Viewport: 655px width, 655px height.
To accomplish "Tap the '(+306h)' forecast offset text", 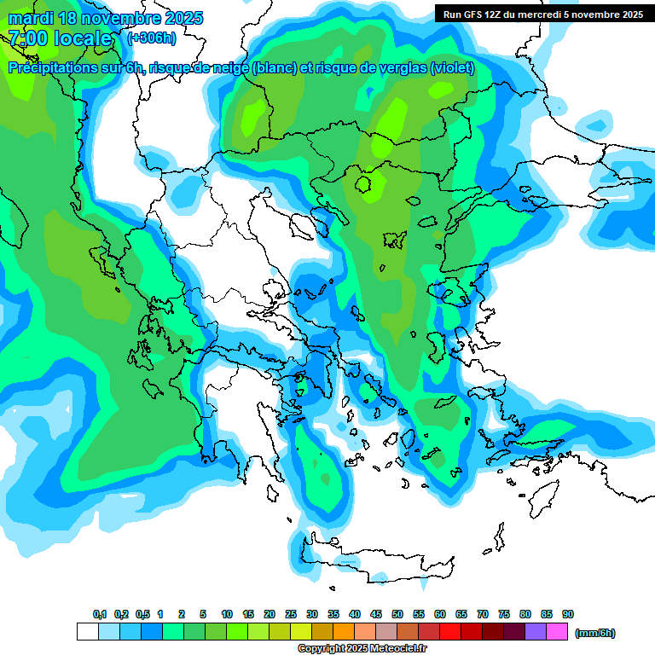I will click(152, 38).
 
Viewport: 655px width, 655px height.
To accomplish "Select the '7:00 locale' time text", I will click(61, 38).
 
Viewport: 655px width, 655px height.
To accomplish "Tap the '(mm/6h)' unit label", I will click(594, 633).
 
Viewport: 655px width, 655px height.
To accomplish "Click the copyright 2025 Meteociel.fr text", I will click(362, 649).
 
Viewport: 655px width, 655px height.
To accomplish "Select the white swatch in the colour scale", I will click(87, 632).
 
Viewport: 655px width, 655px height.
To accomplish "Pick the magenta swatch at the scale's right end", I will click(557, 632).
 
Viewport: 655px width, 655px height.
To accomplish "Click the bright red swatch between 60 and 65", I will click(450, 632).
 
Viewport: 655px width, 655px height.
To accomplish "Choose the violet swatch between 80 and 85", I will click(536, 632).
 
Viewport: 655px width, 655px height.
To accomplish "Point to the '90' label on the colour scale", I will click(568, 614).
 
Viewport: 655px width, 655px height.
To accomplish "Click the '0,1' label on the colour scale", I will click(99, 614).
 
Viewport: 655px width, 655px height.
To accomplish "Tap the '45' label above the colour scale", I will click(376, 614).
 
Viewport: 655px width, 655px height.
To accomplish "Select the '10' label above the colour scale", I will click(227, 614).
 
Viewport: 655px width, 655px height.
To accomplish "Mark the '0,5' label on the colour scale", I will click(142, 614).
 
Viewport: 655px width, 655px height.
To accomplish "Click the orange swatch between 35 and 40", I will click(344, 632).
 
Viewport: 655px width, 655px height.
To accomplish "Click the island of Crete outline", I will click(375, 563).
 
